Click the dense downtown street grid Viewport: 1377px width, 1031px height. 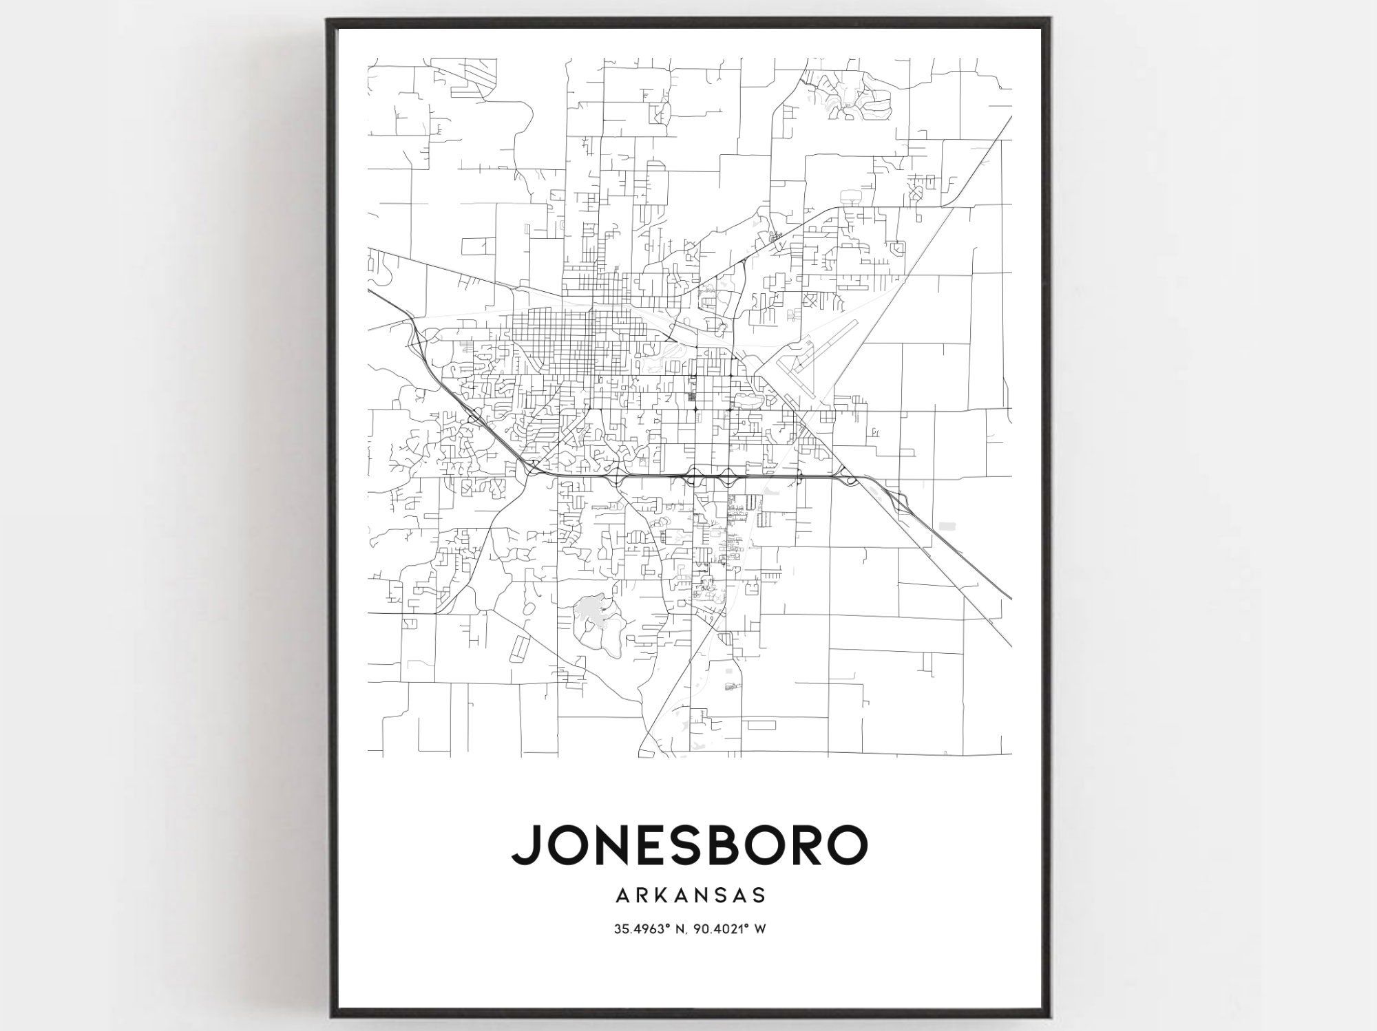551,337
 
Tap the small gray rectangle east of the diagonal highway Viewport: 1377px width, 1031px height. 948,525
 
